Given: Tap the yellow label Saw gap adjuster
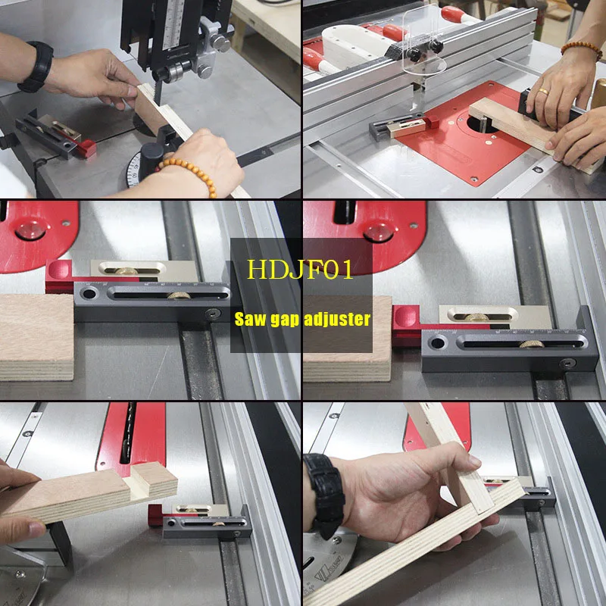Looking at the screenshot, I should point(301,319).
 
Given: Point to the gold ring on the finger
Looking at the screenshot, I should point(543,92).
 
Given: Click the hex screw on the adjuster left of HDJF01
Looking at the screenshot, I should point(213,314).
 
